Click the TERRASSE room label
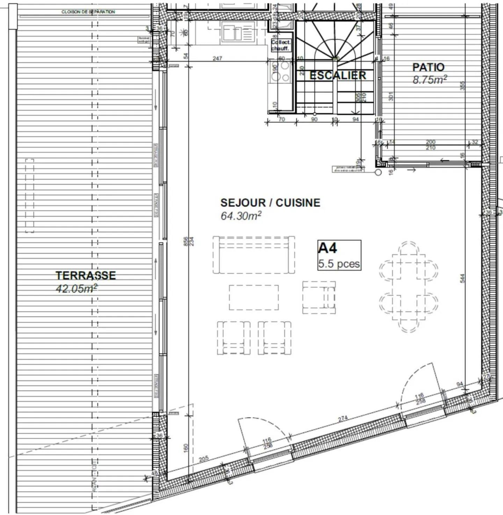click(86, 276)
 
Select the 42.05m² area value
click(76, 288)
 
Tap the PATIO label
click(428, 67)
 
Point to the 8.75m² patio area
click(430, 80)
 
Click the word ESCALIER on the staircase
click(338, 75)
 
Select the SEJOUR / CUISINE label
click(270, 203)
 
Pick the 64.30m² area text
click(241, 216)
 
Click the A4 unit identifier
click(328, 248)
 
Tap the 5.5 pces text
click(339, 264)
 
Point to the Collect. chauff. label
click(280, 45)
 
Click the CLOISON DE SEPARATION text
click(88, 12)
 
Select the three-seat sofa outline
click(254, 255)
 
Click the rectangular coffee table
click(254, 298)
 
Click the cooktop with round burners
click(280, 72)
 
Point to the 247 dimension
click(217, 58)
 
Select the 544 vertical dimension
click(462, 278)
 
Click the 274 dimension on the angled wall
click(343, 419)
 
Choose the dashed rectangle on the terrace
click(30, 195)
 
